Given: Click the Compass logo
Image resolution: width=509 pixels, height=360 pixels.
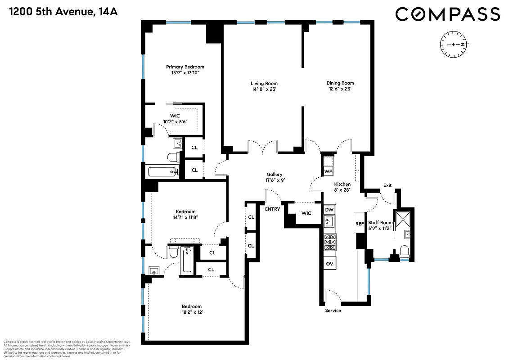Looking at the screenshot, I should click(447, 14).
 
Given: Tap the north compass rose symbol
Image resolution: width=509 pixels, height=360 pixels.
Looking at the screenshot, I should click(454, 45).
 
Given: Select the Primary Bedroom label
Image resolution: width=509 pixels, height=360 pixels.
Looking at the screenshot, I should click(185, 67).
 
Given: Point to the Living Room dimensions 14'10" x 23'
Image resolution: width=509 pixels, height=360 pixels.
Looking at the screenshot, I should click(264, 89).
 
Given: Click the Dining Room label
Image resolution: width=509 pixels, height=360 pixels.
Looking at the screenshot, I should click(340, 83).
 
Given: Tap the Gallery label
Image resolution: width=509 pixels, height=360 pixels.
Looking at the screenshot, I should click(274, 174).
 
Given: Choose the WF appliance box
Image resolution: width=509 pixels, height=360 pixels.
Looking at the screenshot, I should click(328, 171).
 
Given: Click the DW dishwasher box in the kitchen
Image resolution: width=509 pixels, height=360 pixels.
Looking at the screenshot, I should click(329, 209).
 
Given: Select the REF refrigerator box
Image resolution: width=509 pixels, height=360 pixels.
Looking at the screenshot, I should click(359, 223).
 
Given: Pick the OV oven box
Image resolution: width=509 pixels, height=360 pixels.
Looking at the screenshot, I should click(329, 263).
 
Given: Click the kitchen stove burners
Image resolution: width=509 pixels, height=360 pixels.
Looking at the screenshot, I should click(329, 242).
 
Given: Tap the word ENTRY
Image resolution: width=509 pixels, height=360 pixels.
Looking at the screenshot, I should click(272, 209).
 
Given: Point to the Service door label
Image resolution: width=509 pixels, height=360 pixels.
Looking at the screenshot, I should click(333, 310).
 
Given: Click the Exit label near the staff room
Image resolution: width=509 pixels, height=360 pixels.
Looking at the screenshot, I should click(387, 185).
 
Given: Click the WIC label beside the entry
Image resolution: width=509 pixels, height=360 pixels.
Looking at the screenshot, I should click(306, 213).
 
